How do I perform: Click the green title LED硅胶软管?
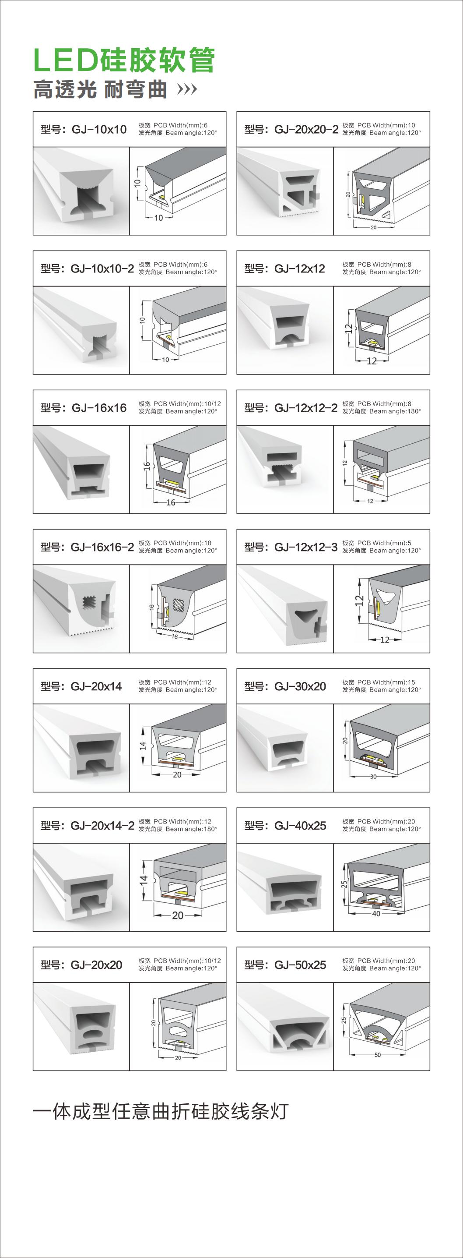point(124,60)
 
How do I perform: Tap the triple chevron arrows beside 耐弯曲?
point(187,89)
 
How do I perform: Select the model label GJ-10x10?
point(84,129)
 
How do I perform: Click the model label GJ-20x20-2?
point(291,129)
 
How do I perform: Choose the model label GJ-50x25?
point(285,965)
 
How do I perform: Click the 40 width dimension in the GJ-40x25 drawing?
point(376,914)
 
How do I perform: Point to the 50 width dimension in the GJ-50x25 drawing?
point(378,1055)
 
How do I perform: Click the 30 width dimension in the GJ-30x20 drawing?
point(374,777)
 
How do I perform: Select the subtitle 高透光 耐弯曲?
point(100,90)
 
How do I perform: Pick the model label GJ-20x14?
point(81,686)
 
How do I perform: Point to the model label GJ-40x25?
point(285,825)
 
